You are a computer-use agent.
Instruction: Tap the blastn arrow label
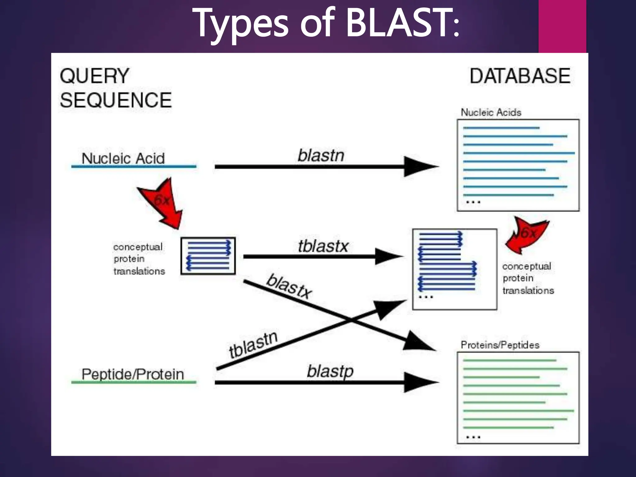(321, 155)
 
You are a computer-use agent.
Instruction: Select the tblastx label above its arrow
(323, 246)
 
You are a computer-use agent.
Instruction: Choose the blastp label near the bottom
(330, 371)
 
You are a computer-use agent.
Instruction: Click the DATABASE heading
(520, 76)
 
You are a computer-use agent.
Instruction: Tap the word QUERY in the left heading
(94, 76)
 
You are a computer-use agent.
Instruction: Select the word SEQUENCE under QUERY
(116, 100)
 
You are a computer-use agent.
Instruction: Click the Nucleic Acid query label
(123, 158)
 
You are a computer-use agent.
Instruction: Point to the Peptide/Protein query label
(133, 374)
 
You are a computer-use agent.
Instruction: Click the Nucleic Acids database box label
(491, 112)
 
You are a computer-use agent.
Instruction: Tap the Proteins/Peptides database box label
(500, 345)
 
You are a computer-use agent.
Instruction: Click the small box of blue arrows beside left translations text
(208, 256)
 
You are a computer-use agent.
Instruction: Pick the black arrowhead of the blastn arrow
(419, 167)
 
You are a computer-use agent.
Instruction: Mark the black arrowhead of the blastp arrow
(419, 382)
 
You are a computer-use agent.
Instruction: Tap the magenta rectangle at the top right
(562, 26)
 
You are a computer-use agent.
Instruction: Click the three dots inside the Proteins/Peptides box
(473, 437)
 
